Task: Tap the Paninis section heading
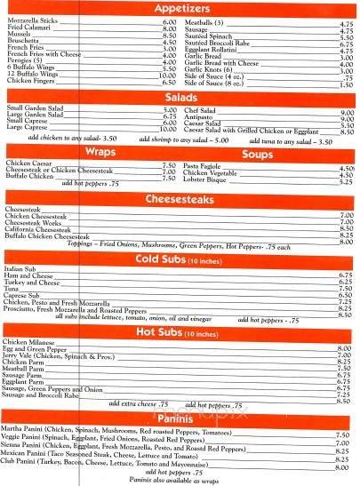(x=180, y=418)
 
